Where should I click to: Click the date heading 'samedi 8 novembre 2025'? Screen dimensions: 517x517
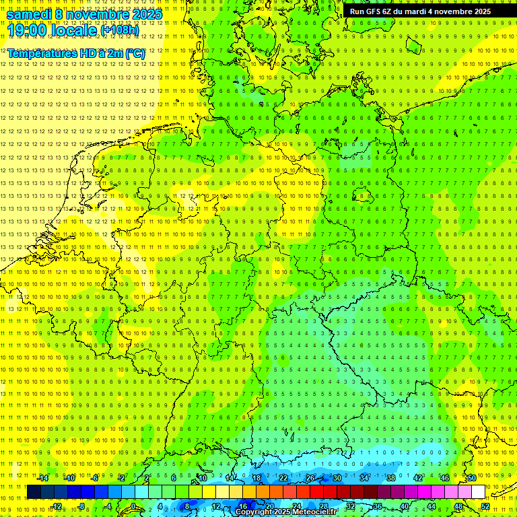[84, 14]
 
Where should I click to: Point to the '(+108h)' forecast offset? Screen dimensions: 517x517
[120, 31]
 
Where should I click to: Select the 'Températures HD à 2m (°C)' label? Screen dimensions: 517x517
[75, 53]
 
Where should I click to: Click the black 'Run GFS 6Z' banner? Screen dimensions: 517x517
[420, 11]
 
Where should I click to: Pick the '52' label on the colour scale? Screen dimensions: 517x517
[485, 506]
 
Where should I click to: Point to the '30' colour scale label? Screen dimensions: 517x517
[337, 478]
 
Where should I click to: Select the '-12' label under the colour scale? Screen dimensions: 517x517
[56, 506]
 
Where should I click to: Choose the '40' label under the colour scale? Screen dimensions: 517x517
[405, 506]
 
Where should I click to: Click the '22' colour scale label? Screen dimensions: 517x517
[283, 478]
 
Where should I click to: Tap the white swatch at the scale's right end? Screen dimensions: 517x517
[478, 492]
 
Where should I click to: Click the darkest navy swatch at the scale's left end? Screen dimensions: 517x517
[34, 492]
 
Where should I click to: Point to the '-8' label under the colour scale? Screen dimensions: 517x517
[83, 506]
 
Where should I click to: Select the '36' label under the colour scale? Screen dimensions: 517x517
[378, 506]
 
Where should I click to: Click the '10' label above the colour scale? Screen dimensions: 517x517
[203, 478]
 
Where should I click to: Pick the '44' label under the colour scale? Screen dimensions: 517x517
[432, 506]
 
